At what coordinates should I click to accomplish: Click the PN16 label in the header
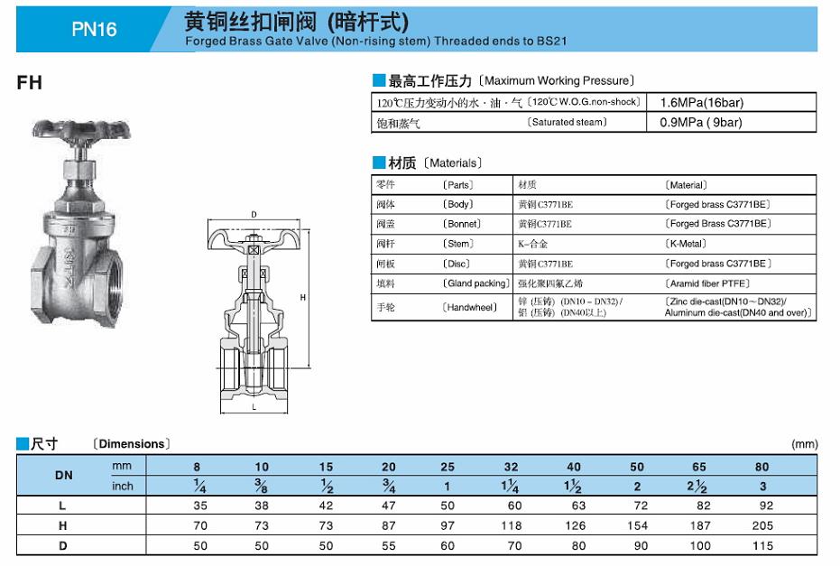(x=94, y=29)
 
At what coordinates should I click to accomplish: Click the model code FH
(x=29, y=83)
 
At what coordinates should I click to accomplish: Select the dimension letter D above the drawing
(x=254, y=214)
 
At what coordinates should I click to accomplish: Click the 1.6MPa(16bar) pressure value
(x=702, y=103)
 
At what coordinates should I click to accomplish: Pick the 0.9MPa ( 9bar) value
(x=701, y=123)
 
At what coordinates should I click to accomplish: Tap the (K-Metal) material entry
(x=688, y=244)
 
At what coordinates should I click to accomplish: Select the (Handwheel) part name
(x=470, y=308)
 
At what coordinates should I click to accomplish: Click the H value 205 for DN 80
(x=762, y=525)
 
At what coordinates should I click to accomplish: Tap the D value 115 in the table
(x=762, y=546)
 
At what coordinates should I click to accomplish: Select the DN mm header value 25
(x=448, y=467)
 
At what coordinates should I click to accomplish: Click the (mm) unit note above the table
(x=804, y=444)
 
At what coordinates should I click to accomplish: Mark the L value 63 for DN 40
(x=574, y=506)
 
